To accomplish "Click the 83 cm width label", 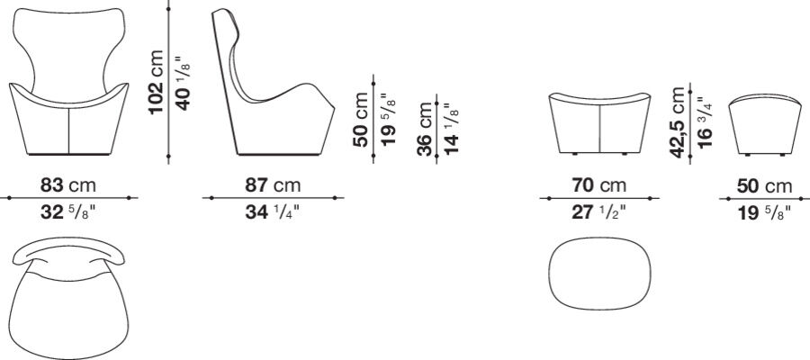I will (68, 186).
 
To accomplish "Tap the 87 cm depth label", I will (274, 186).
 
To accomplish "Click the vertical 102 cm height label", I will (157, 83).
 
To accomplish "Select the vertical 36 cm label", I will (426, 128).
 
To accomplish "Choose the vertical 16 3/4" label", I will (705, 121).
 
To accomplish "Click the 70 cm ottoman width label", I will (599, 186).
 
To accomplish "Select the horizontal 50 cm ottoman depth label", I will (765, 186).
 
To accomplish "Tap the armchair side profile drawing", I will (270, 90).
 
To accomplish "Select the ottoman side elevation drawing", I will (764, 123).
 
